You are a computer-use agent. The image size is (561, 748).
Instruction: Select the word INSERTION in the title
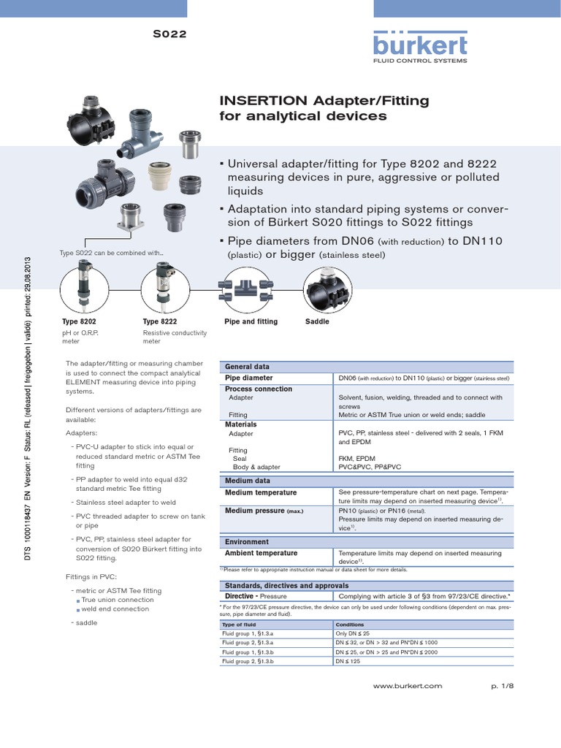coord(264,101)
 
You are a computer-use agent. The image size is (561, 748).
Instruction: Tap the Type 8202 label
coord(79,321)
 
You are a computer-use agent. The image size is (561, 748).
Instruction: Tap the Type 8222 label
coord(159,321)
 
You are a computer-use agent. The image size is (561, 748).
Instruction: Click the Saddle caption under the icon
coord(317,321)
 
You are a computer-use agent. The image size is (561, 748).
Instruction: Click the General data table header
coord(248,367)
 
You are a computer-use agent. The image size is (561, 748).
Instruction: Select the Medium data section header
coord(248,481)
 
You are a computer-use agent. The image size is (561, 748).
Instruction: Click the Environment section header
coord(247,542)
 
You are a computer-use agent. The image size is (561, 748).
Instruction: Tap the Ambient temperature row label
coord(261,553)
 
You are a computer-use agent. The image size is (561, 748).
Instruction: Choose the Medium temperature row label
coord(261,492)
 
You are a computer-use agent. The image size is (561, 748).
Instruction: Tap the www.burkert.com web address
coord(408,686)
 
